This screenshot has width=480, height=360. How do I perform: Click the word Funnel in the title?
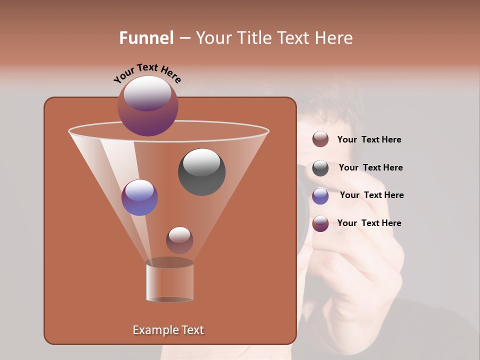[x=146, y=38]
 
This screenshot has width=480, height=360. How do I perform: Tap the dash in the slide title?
[x=184, y=38]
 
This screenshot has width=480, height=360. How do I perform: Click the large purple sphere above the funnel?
[x=147, y=106]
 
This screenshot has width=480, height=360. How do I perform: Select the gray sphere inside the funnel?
[x=201, y=172]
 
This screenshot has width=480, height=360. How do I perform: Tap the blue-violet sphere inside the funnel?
[x=139, y=197]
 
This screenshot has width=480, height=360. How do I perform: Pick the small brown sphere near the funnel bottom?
[x=179, y=240]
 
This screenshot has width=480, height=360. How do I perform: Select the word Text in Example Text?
[x=191, y=330]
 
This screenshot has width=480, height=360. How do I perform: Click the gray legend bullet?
[x=320, y=168]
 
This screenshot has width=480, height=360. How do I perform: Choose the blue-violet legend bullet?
[x=320, y=196]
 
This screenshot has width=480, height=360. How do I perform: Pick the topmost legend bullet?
[x=320, y=139]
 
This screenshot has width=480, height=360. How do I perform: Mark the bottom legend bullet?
[x=320, y=223]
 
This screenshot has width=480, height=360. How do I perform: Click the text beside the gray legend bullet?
[x=370, y=167]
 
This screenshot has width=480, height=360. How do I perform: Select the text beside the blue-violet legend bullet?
[x=371, y=195]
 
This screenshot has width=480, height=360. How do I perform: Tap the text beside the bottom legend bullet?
[x=369, y=223]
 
